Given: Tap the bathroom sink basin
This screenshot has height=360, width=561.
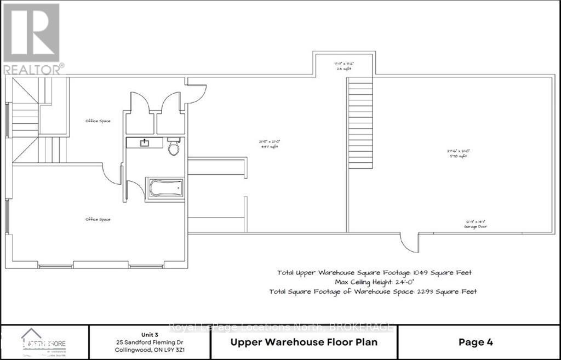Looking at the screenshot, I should [145, 143].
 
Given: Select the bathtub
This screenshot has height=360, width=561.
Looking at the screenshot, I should [164, 188].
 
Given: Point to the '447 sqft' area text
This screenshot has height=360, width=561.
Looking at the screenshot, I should [267, 146].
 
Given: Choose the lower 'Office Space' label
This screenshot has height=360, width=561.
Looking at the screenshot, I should [98, 219].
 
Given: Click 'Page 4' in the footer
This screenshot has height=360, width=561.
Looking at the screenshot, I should [475, 342].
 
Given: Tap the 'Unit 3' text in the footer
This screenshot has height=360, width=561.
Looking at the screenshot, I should [149, 333].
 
